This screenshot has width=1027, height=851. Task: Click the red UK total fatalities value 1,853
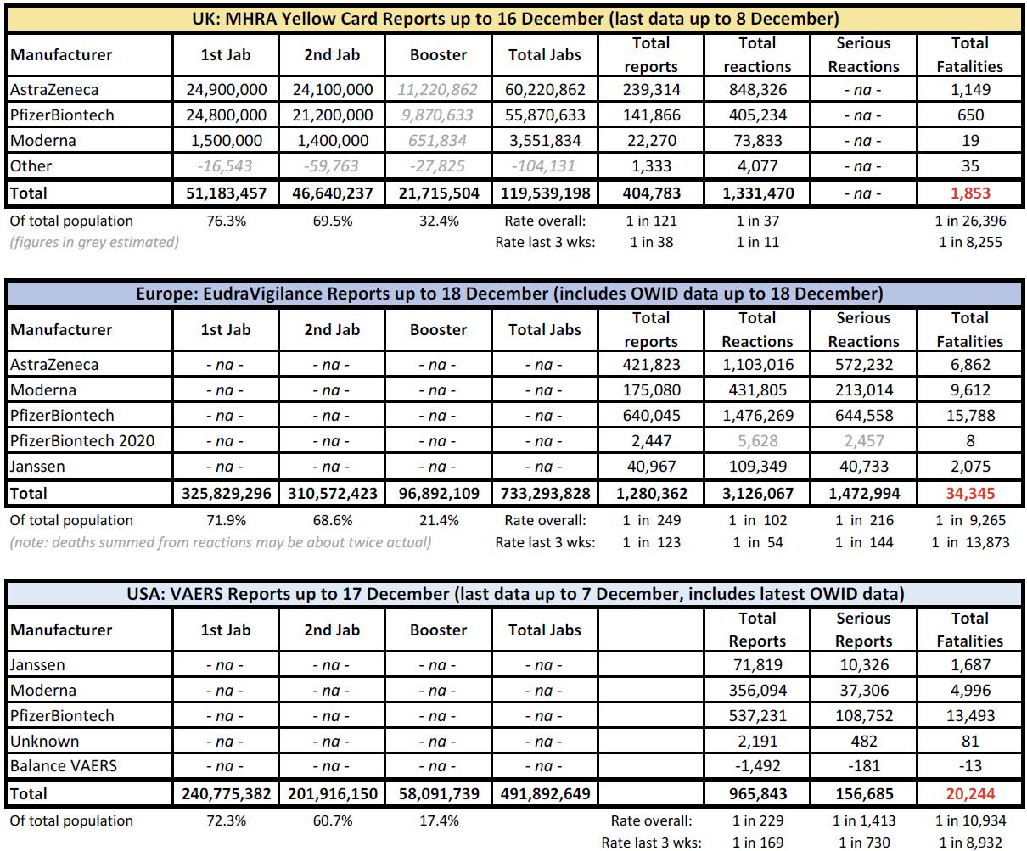click(x=970, y=193)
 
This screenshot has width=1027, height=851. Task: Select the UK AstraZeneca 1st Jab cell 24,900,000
click(x=226, y=89)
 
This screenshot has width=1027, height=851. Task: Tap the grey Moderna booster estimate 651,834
click(x=438, y=140)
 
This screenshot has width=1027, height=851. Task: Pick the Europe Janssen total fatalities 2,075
click(x=970, y=467)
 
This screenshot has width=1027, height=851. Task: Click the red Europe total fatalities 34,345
click(x=970, y=493)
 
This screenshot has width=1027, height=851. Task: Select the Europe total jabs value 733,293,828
click(x=545, y=493)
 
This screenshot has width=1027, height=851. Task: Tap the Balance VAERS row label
click(x=64, y=766)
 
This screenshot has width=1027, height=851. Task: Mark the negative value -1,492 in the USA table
click(x=757, y=766)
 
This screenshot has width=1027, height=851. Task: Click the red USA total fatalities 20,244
click(x=970, y=793)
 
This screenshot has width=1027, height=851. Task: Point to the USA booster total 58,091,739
click(x=438, y=793)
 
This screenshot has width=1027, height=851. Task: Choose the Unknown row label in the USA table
click(x=44, y=741)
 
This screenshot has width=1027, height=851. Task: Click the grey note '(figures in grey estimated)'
click(x=94, y=242)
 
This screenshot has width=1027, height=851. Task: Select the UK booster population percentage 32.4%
click(x=438, y=221)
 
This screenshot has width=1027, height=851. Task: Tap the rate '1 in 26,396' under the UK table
click(x=970, y=221)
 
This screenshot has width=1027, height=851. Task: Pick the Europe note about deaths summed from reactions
click(x=220, y=542)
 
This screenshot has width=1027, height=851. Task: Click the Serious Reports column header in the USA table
click(x=863, y=630)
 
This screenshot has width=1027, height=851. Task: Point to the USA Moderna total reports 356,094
click(x=757, y=690)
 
